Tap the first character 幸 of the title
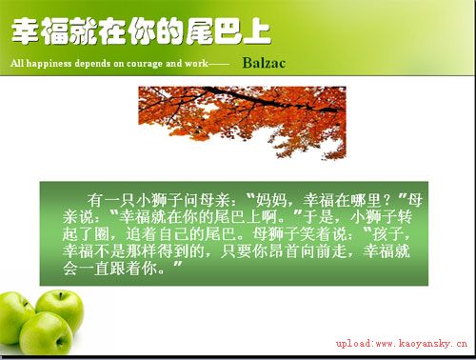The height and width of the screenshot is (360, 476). coord(26,34)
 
